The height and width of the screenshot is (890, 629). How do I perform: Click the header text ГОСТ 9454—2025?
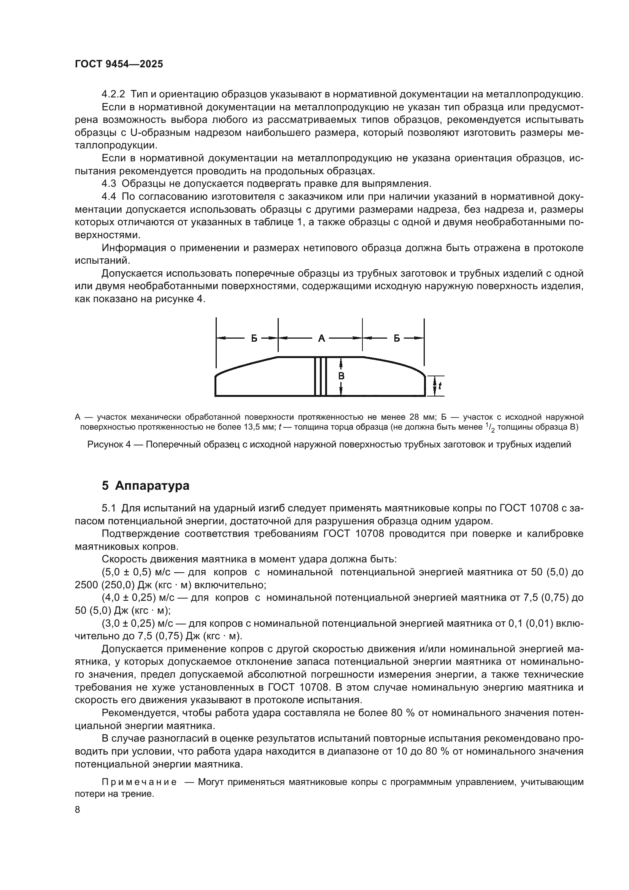pyautogui.click(x=119, y=64)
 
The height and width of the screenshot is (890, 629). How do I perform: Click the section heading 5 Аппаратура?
pyautogui.click(x=146, y=486)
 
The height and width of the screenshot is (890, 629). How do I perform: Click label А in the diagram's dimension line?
pyautogui.click(x=321, y=338)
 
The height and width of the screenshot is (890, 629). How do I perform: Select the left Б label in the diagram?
pyautogui.click(x=254, y=338)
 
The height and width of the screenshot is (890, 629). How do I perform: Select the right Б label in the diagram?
pyautogui.click(x=397, y=338)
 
